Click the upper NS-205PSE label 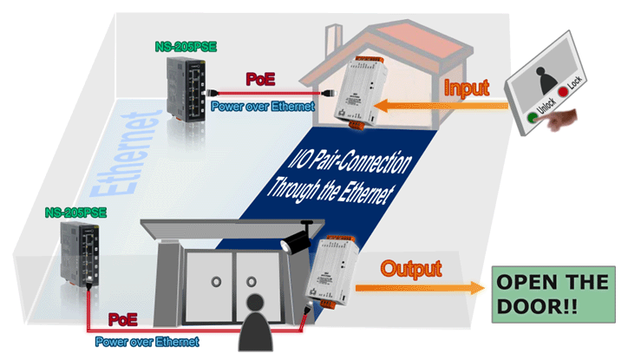(x=186, y=47)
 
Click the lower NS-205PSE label (x=75, y=213)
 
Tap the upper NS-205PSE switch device (x=186, y=88)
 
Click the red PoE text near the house (x=260, y=79)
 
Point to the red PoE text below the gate (x=123, y=319)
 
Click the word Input (x=467, y=88)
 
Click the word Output (x=411, y=269)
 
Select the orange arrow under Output (x=420, y=288)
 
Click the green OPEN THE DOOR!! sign (x=553, y=294)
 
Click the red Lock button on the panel (x=564, y=92)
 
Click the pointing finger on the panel (x=561, y=119)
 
